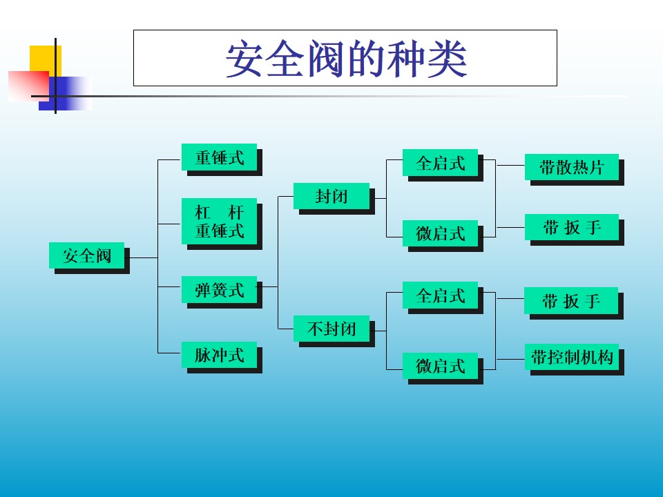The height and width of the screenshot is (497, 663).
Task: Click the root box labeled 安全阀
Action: click(86, 255)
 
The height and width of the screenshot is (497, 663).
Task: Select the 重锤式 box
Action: click(219, 157)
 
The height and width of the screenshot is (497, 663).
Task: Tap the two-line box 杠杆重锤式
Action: click(219, 221)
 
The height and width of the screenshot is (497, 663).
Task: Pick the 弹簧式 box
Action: click(219, 290)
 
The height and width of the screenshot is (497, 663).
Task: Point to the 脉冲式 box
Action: click(219, 355)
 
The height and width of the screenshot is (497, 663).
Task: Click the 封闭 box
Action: click(331, 196)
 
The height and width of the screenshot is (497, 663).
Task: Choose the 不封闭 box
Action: click(331, 329)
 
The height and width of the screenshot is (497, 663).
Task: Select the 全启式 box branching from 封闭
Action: click(440, 164)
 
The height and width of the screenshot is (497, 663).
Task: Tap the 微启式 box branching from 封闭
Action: click(440, 233)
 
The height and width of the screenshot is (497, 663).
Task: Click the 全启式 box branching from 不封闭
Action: click(440, 295)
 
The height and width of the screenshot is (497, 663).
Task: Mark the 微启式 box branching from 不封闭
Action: click(440, 366)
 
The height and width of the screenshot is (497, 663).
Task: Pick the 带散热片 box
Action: click(571, 167)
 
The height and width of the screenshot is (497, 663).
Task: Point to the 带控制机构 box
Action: click(571, 357)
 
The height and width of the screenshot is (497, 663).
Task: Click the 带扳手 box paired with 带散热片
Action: click(571, 228)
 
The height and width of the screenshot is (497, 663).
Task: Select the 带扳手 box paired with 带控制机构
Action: click(571, 301)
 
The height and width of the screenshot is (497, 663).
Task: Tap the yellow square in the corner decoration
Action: click(45, 59)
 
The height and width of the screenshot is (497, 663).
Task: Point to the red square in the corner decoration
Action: click(26, 84)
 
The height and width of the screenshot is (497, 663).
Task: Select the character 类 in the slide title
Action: click(447, 60)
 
